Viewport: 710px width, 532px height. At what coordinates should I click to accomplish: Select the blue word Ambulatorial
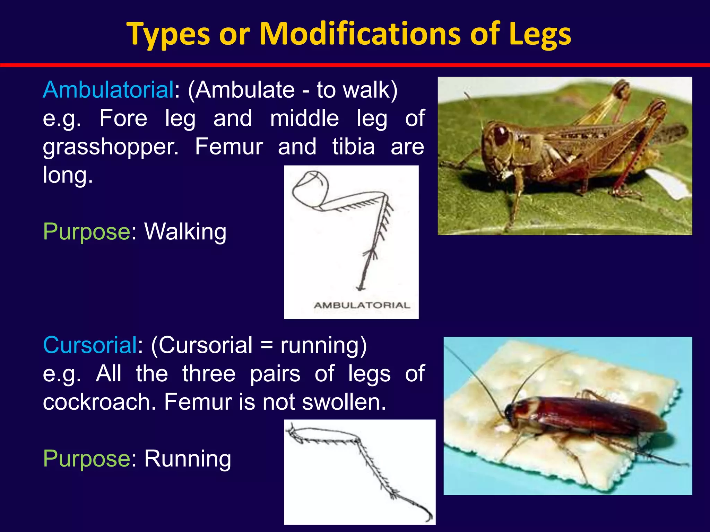coord(108,90)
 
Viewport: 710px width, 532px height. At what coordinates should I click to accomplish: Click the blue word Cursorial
coord(90,345)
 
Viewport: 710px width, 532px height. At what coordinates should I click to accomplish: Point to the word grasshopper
coord(111,147)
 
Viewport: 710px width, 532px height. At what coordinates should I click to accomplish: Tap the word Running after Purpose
coord(188,459)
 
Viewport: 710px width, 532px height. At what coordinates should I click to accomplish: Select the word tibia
coord(354,147)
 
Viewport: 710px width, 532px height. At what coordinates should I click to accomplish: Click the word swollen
coord(344,402)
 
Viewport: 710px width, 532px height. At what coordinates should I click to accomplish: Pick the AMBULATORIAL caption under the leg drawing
coord(362,305)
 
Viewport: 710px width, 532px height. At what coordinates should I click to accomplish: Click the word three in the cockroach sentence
coord(209,374)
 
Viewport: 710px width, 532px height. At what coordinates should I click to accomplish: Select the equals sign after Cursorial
coord(266,346)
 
